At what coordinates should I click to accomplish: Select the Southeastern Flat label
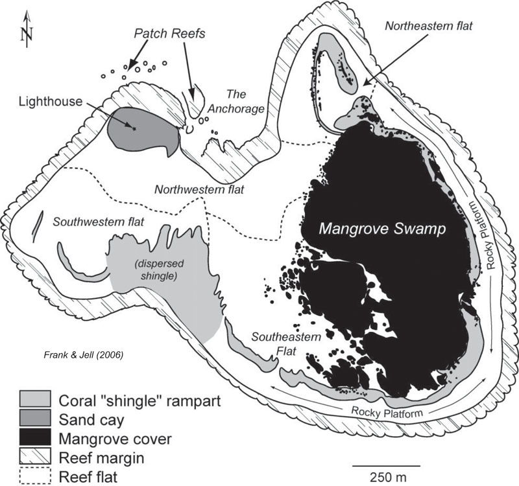(277, 343)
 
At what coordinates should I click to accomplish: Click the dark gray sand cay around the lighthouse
(152, 130)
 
